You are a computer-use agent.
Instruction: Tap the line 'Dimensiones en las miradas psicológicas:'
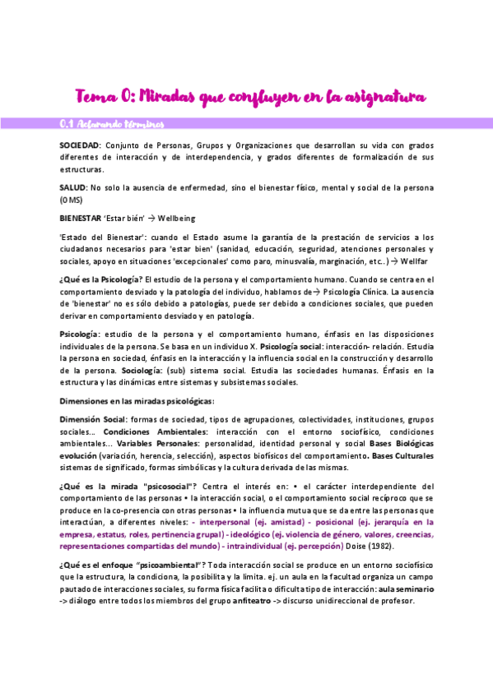click(x=137, y=401)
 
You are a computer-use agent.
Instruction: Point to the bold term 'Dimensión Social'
click(x=91, y=420)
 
